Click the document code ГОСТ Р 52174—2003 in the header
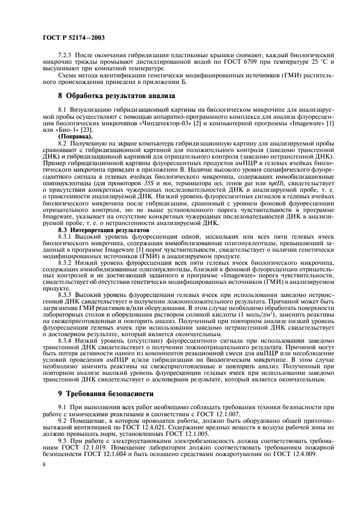tap(73, 38)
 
